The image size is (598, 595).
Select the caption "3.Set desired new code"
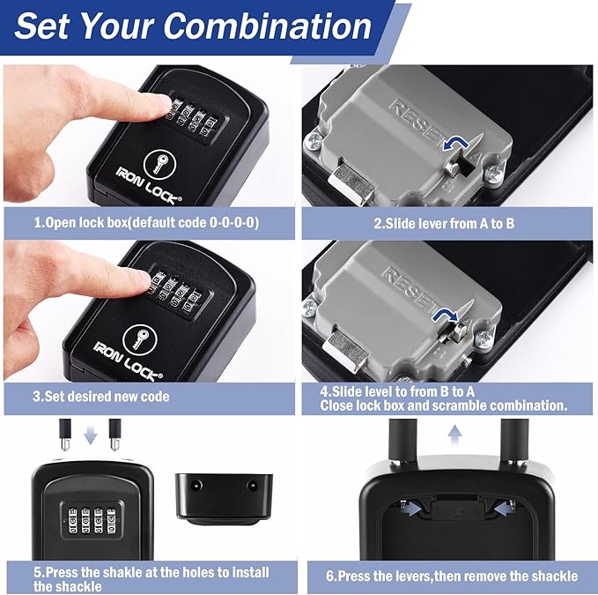click(x=100, y=397)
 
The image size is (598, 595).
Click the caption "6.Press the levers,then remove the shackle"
click(x=452, y=576)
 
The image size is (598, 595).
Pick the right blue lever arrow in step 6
click(x=505, y=505)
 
